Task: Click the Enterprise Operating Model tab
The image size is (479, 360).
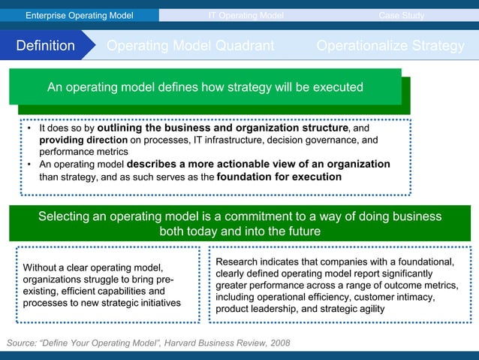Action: (79, 15)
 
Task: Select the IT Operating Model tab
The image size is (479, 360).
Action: (246, 15)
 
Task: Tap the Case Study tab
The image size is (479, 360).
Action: (401, 15)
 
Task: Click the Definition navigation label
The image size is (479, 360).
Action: (46, 46)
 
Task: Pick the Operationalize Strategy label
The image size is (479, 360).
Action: (390, 46)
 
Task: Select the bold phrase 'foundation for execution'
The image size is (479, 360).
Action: (279, 177)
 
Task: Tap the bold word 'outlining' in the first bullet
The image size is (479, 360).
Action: (122, 128)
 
